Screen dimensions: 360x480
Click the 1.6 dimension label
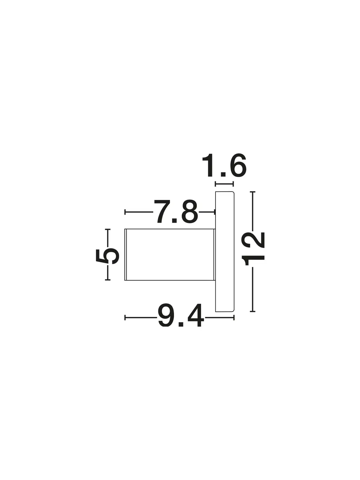pos(224,165)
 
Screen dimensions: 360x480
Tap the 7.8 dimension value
pos(176,211)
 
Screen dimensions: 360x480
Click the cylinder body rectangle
pos(170,255)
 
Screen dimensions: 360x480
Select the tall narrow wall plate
pos(225,252)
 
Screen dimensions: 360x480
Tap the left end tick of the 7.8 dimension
pos(125,212)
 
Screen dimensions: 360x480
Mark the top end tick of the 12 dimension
pos(253,192)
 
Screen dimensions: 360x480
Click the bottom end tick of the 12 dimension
pos(253,311)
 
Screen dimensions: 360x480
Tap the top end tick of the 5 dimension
pos(108,229)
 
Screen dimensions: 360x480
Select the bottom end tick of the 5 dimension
pos(108,280)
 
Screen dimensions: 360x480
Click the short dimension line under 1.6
pos(225,184)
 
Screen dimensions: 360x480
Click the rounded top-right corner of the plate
pos(233,193)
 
